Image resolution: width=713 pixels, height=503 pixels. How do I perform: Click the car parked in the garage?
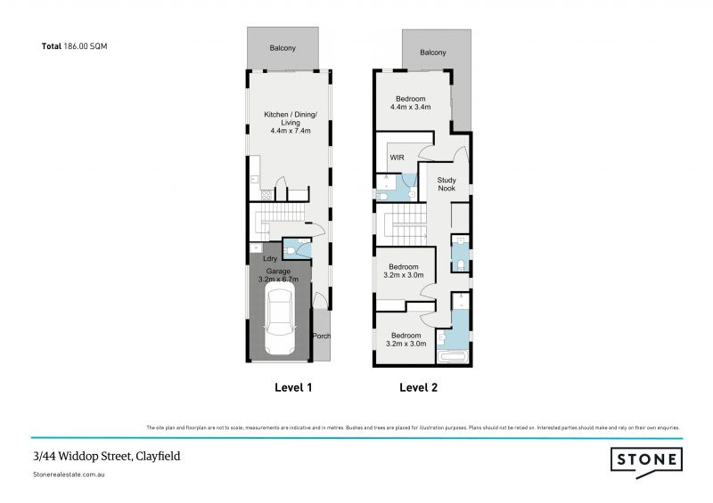point(280,325)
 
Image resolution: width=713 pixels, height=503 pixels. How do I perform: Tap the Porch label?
point(321,336)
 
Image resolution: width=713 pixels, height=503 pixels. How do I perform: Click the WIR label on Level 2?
point(397,158)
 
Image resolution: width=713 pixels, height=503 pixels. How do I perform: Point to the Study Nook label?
point(446,183)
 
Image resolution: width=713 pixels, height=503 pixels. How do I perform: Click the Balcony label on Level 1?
point(283,49)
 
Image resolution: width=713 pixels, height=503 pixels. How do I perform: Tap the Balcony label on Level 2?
point(432,53)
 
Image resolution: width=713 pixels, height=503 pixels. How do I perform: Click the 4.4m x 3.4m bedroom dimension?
point(410,107)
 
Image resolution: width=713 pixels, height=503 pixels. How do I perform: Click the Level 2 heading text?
point(418,387)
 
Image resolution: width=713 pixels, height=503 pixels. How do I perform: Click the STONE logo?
point(646,459)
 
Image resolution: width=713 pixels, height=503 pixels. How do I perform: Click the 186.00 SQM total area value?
point(86,45)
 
